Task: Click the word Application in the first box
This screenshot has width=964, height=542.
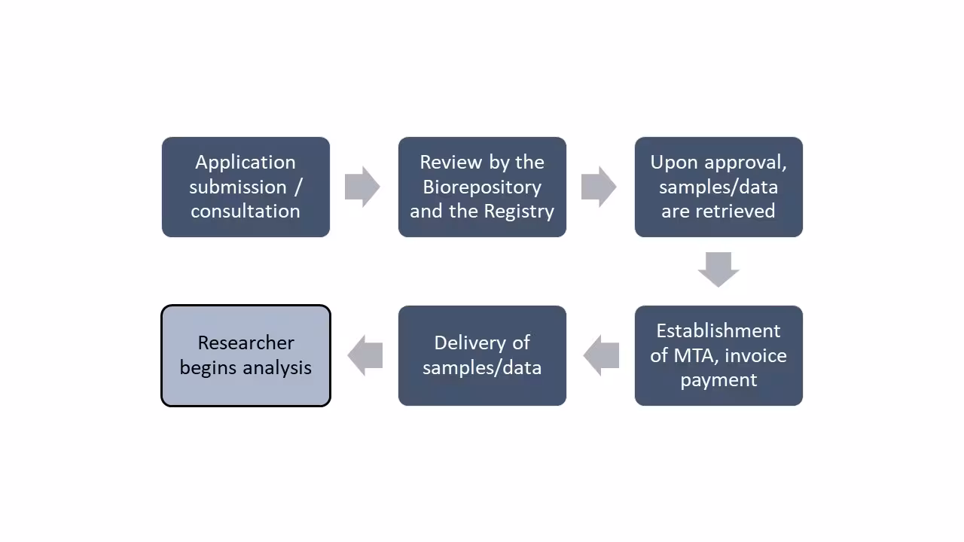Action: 245,163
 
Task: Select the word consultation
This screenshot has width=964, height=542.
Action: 245,212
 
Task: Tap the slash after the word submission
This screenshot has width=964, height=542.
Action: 297,187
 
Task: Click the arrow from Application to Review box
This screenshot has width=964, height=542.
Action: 362,187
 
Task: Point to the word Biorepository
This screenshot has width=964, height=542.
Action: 481,187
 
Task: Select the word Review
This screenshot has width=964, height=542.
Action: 447,163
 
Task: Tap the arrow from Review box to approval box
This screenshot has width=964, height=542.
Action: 599,187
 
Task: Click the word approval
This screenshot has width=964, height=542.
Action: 746,163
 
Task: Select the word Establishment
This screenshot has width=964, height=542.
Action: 718,330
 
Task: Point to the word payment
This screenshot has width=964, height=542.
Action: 718,380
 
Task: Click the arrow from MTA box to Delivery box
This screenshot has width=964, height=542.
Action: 601,355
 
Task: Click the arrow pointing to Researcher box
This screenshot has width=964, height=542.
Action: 365,355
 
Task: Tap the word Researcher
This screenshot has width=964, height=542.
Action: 246,343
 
